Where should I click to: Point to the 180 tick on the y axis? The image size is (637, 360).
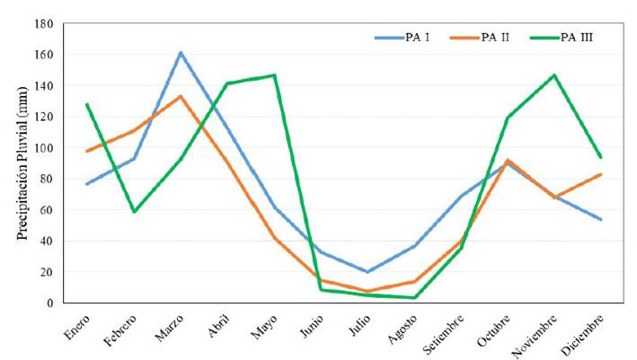point(43,23)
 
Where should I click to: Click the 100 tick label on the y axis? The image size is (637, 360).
point(43,147)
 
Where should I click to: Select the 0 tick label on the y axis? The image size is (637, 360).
point(49,303)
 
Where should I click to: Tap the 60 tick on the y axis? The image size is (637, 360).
point(46,209)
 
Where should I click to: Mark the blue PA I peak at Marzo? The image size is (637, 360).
point(181,53)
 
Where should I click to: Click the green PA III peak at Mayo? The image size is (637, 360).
point(274,75)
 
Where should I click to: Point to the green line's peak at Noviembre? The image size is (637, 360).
point(554,75)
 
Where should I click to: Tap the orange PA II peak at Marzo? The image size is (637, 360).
point(181,96)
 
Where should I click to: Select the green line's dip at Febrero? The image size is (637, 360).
point(134,211)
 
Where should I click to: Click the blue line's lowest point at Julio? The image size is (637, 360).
point(367,271)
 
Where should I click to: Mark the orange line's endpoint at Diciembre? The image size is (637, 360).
point(600,174)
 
